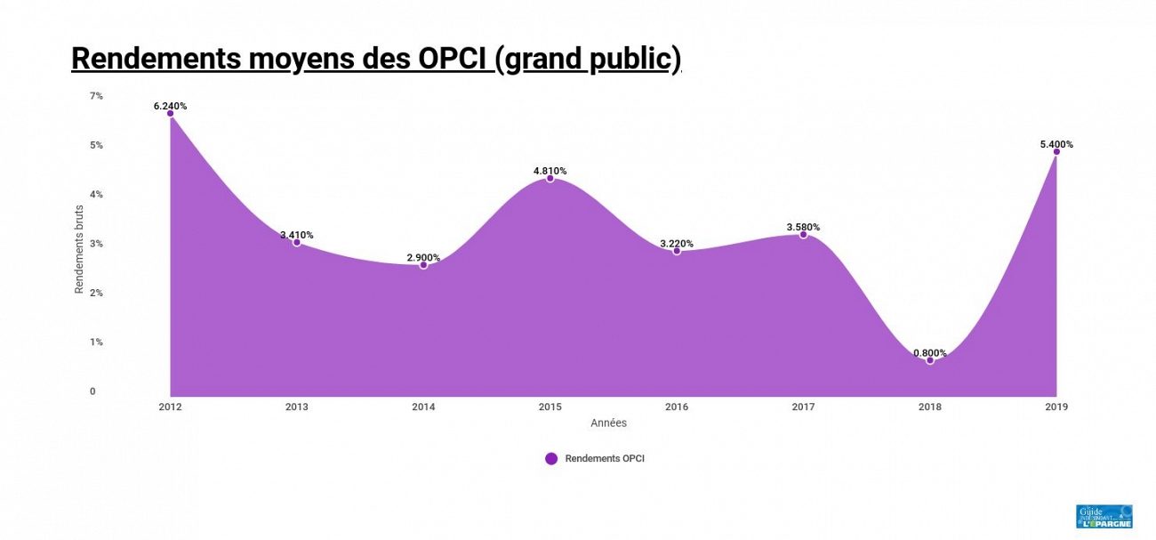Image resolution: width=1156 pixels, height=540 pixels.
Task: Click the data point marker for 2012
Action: pos(170,113)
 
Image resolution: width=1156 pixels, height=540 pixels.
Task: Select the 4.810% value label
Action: pos(550,171)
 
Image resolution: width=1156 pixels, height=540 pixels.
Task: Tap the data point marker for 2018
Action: pos(930,360)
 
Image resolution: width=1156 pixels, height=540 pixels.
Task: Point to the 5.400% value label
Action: pos(1056,144)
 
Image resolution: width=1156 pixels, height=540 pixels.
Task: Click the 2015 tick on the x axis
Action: pos(550,407)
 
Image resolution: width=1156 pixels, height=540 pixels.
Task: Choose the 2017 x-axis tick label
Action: pos(803,407)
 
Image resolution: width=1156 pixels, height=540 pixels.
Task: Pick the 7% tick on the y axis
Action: pos(96,95)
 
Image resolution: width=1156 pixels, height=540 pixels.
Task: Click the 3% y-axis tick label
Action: pos(96,243)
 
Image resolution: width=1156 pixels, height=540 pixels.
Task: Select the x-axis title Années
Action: pos(608,423)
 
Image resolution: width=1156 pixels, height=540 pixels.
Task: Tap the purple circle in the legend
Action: pos(551,459)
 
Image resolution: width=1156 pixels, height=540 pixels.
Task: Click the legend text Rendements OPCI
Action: pos(605,459)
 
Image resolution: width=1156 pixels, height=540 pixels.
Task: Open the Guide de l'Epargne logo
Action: pos(1104,517)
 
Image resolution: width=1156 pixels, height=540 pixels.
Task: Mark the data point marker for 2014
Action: pos(423,265)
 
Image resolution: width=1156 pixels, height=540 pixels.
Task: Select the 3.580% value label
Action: pos(803,228)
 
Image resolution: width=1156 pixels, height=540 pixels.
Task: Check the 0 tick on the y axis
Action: pos(92,391)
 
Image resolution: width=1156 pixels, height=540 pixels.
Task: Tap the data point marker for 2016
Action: pos(677,251)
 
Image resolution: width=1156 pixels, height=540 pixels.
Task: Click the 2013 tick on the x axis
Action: pos(297,407)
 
